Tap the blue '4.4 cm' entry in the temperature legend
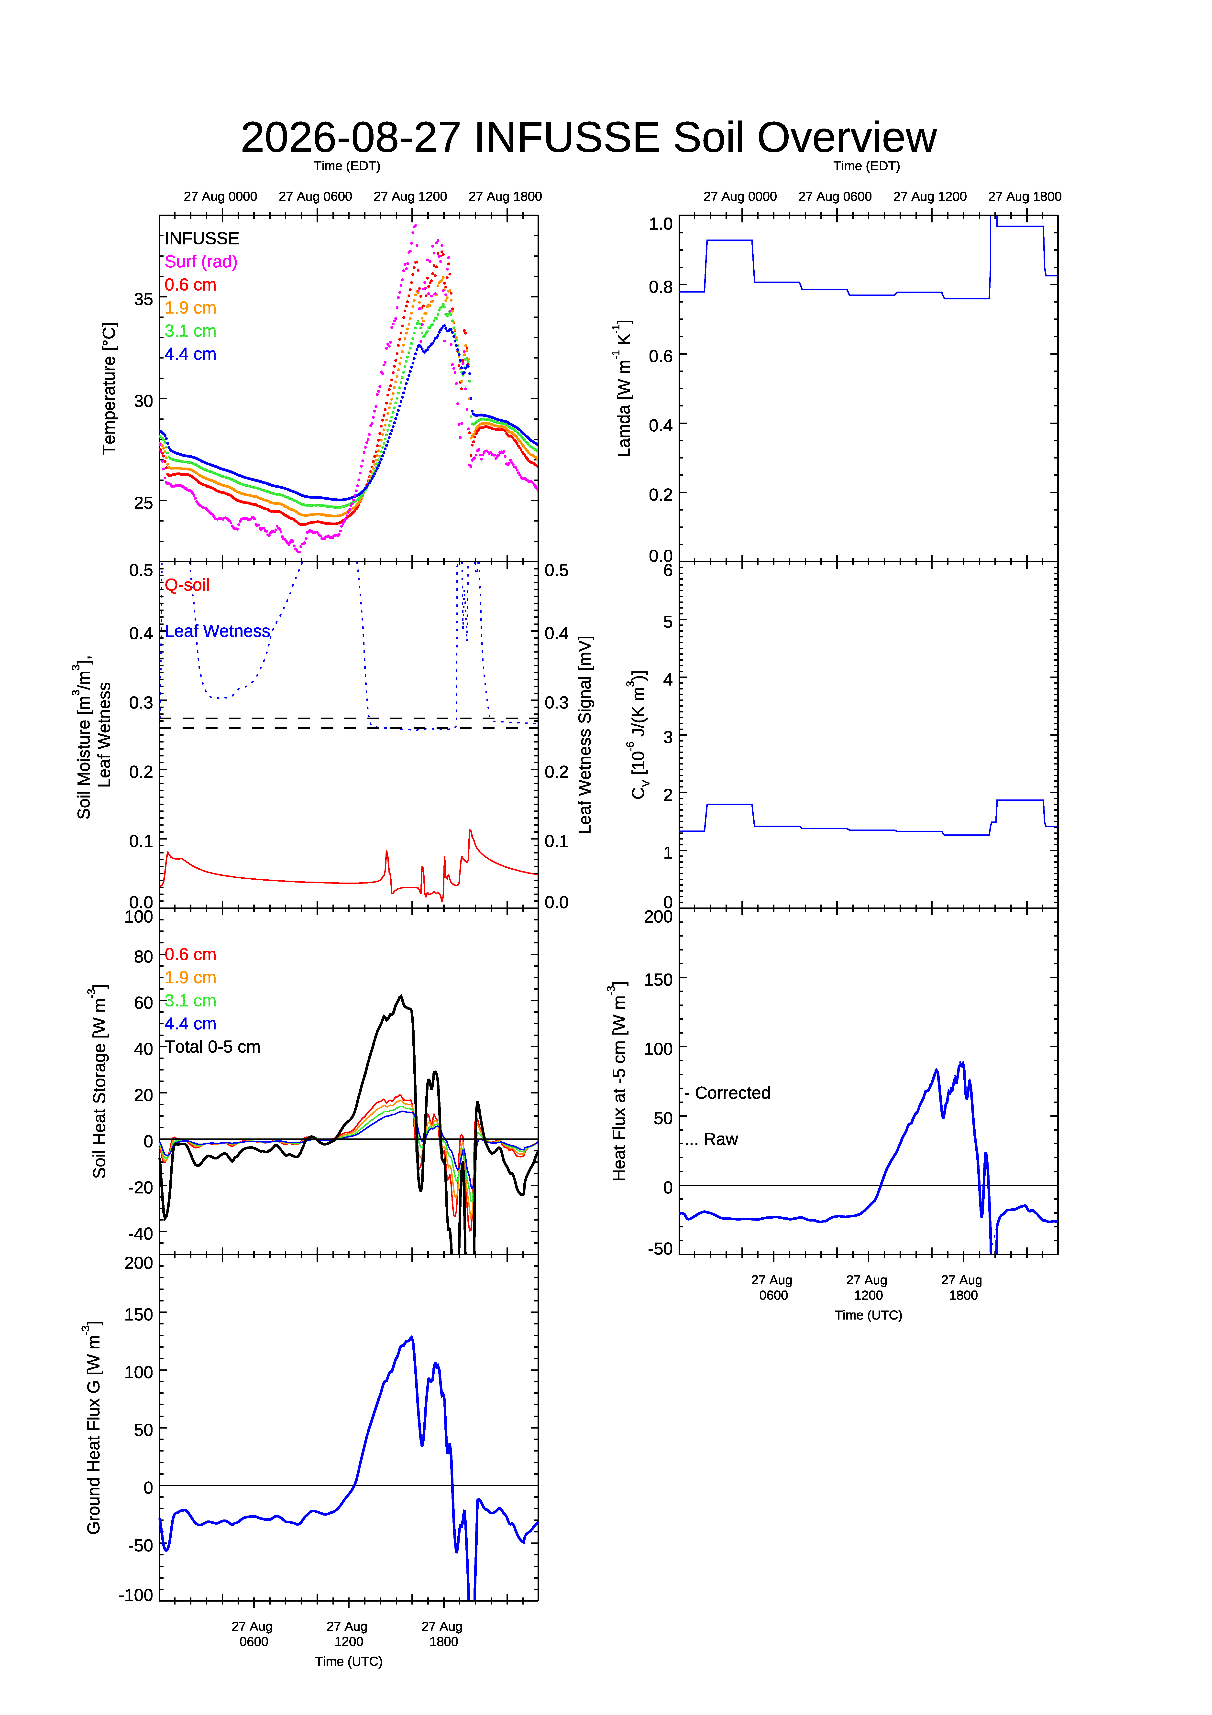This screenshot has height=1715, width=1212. click(190, 354)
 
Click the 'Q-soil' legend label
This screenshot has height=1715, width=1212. click(187, 585)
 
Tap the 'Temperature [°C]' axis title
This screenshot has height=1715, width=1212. click(109, 388)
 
